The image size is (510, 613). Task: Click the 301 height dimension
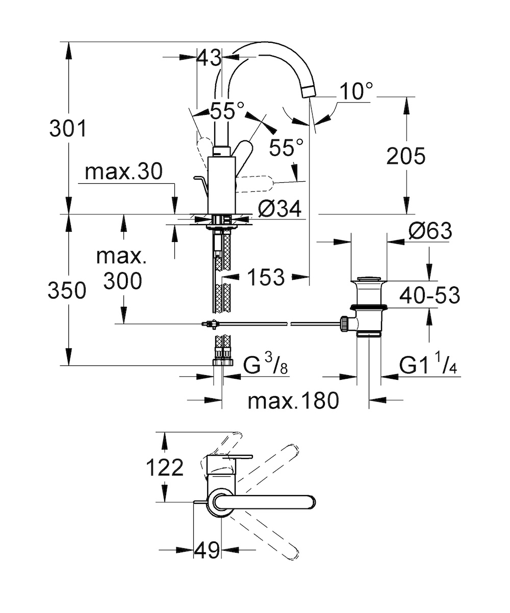coord(68,129)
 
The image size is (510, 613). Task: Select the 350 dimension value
coord(67,290)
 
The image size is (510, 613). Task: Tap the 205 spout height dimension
coord(406,156)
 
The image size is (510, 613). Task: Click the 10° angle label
coord(356,91)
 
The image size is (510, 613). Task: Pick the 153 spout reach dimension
coord(266,277)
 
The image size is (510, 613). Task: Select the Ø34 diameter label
coord(279,209)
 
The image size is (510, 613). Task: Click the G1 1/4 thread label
coord(428,365)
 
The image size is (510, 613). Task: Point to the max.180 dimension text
coord(293,401)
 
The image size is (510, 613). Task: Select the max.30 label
coord(123,171)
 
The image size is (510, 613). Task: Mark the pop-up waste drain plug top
coord(368,278)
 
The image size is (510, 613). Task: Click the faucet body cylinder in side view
coord(221,185)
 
